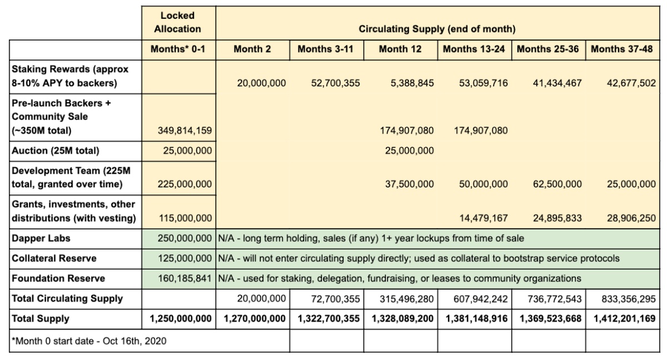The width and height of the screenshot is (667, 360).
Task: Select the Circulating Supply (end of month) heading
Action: pyautogui.click(x=437, y=29)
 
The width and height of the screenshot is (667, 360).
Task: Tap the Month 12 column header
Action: pyautogui.click(x=400, y=49)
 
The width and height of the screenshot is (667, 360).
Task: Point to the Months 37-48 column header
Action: pyautogui.click(x=623, y=49)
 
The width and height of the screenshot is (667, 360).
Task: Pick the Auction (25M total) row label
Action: pyautogui.click(x=54, y=151)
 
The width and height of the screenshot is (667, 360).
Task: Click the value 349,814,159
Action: pyautogui.click(x=183, y=132)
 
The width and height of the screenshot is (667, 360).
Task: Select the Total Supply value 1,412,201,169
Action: pyautogui.click(x=623, y=319)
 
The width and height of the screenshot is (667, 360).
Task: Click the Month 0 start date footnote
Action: pyautogui.click(x=88, y=341)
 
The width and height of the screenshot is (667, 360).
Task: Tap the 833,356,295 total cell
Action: pyautogui.click(x=628, y=299)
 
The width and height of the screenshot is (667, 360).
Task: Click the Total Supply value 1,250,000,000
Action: pyautogui.click(x=181, y=319)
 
